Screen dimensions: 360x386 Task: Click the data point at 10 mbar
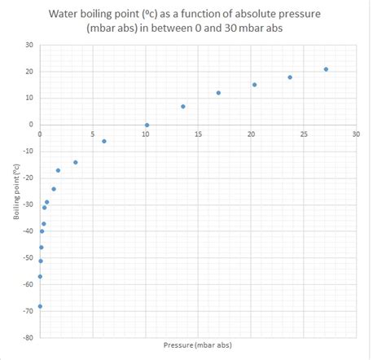point(147,125)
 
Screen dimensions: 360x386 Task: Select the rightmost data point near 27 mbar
point(326,69)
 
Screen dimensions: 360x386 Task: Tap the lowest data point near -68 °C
point(40,306)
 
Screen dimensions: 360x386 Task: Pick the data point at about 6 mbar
point(104,141)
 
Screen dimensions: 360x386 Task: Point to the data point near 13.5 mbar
point(183,106)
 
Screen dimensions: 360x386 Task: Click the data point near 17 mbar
point(218,93)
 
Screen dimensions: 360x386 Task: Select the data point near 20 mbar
point(254,85)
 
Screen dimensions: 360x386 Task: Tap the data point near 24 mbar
point(290,77)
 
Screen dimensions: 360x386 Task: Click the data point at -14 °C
point(76,162)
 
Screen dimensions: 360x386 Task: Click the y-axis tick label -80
point(26,338)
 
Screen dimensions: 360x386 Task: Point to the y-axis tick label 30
point(28,45)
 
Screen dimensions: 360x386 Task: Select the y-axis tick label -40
point(26,231)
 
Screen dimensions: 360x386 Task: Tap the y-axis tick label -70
point(26,311)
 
